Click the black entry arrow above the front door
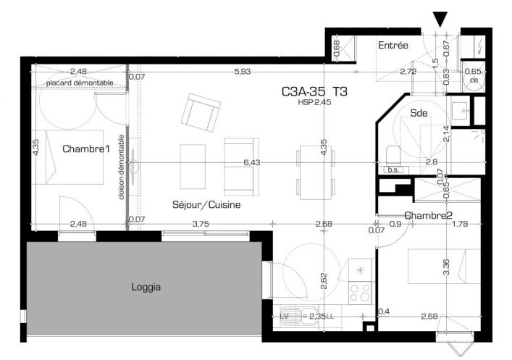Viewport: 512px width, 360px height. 440,19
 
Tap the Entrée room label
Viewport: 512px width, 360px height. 393,46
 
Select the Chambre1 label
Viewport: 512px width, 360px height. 85,149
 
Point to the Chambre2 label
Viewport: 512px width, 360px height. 429,216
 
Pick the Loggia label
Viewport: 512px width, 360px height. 146,287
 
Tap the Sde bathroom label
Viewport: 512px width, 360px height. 419,113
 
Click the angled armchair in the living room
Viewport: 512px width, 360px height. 201,112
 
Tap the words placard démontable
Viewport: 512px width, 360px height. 79,83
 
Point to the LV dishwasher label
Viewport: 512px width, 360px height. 285,316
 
